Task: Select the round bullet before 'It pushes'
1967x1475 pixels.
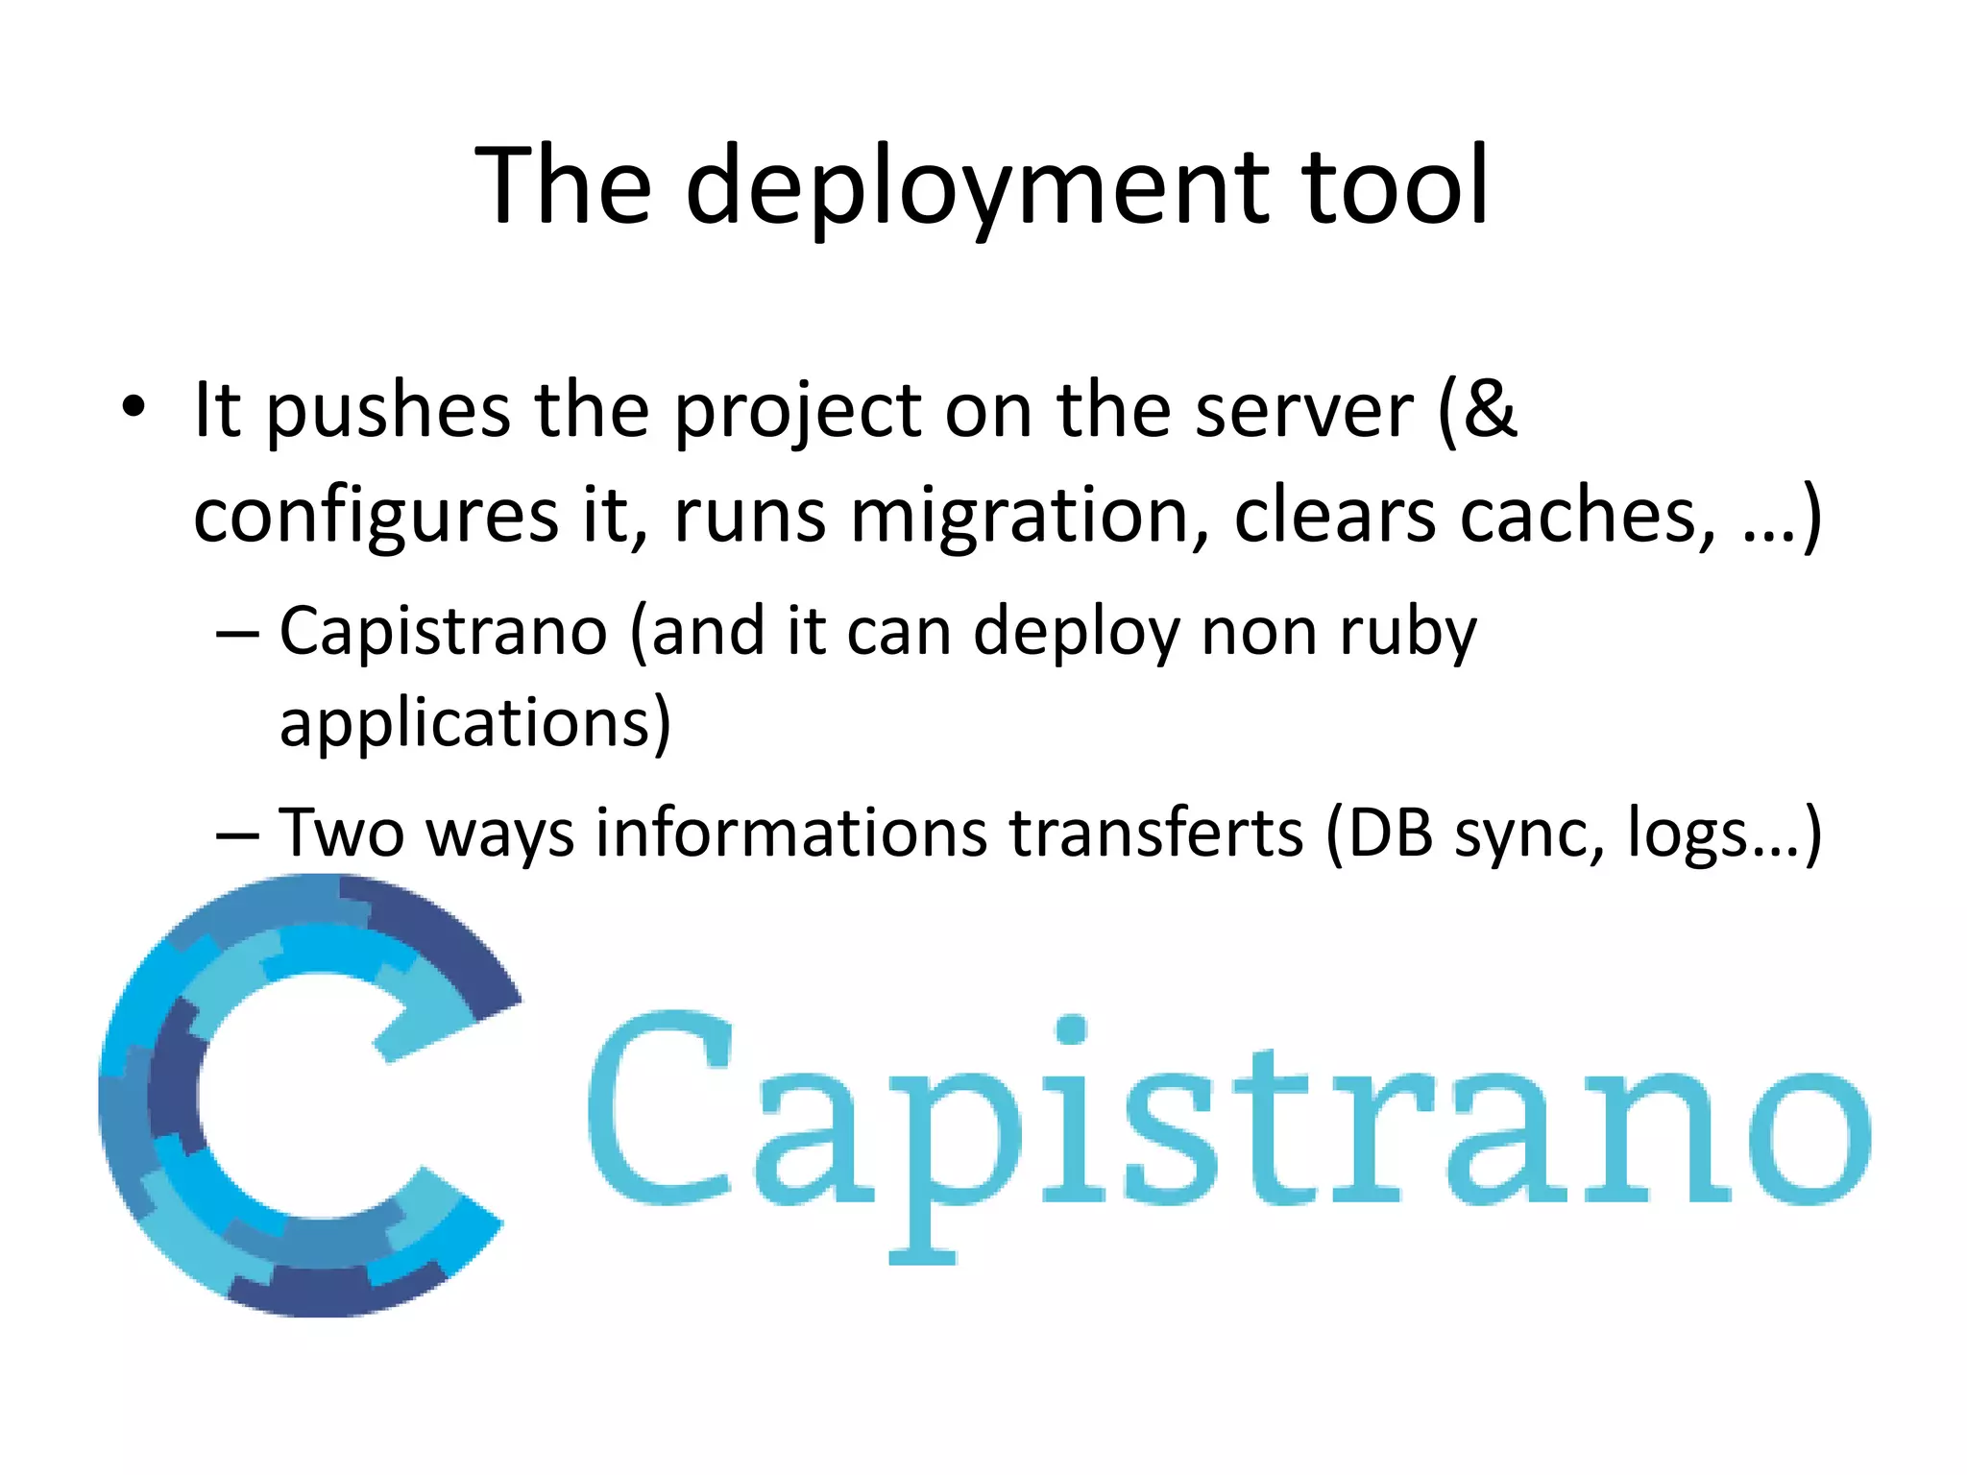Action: [x=134, y=407]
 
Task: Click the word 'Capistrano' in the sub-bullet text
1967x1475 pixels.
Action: [x=443, y=632]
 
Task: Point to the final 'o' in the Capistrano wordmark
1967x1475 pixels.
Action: [x=1806, y=1139]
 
